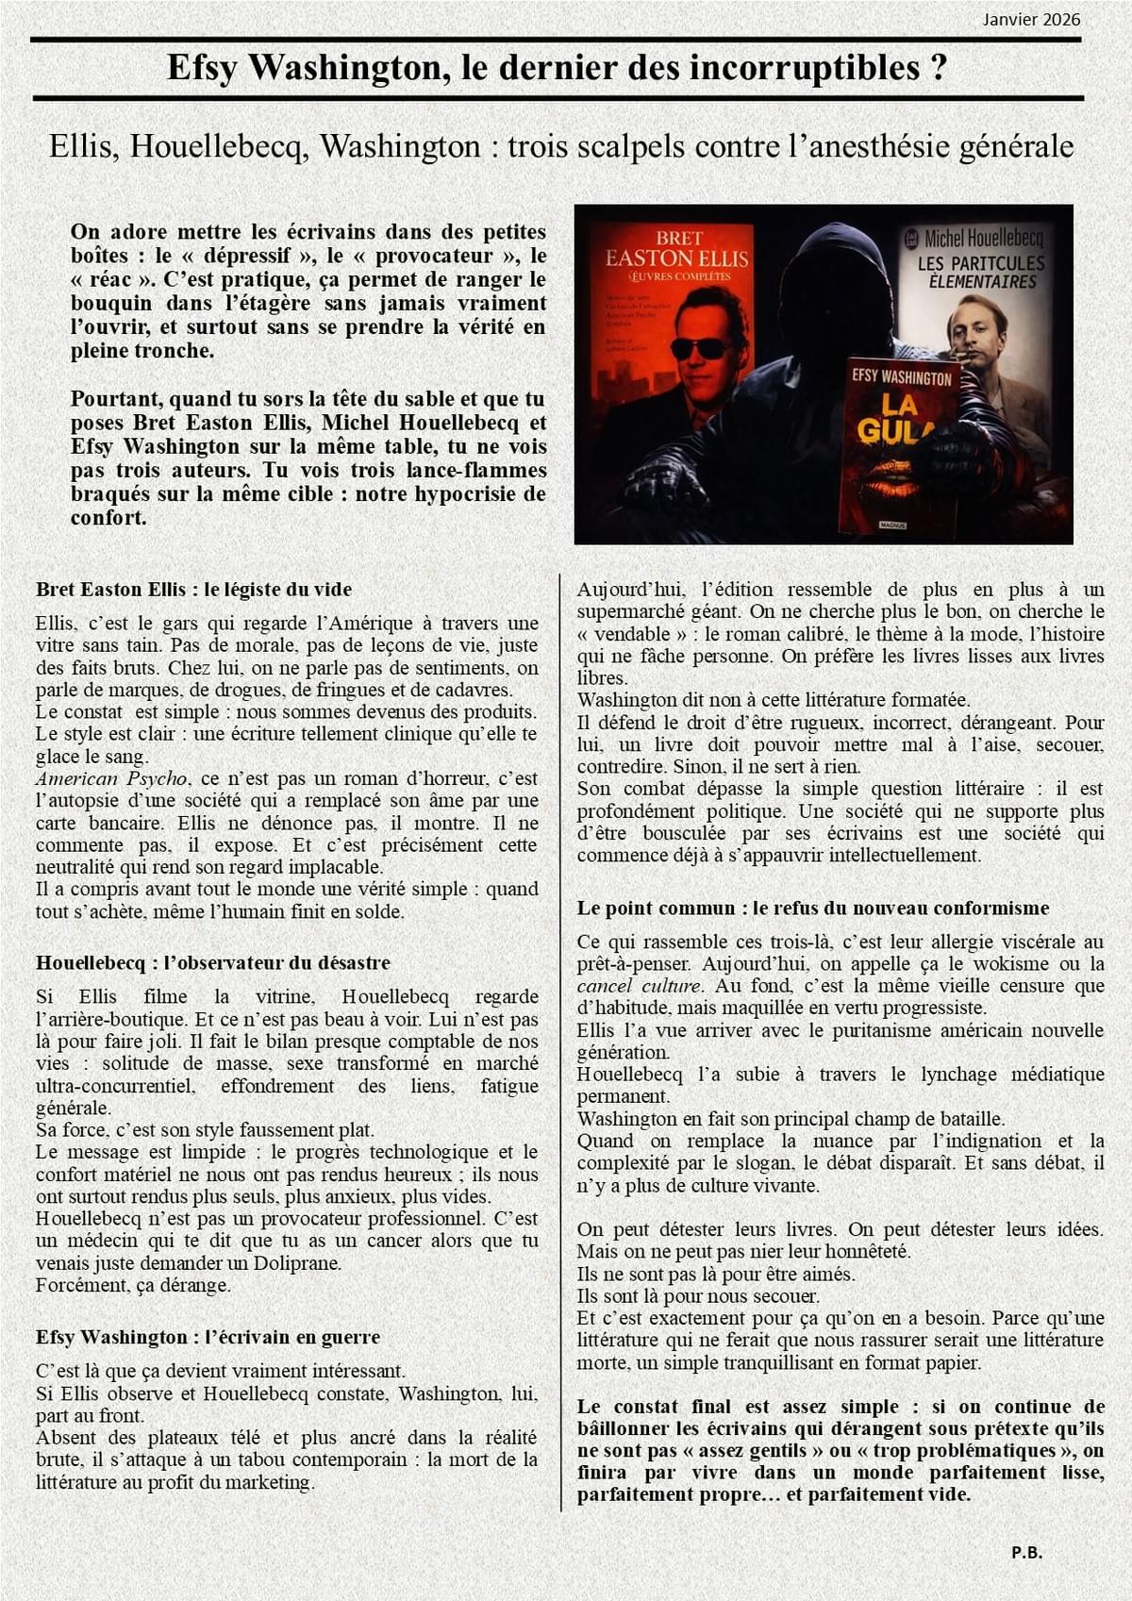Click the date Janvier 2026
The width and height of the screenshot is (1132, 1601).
click(1031, 20)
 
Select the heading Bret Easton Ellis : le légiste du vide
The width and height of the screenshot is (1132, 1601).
click(193, 590)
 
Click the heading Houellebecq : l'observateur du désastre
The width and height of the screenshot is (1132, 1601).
click(212, 963)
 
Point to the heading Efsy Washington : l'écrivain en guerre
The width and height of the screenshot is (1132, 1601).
click(208, 1338)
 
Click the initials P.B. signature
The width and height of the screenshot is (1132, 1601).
click(1026, 1552)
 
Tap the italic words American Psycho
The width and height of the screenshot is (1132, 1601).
click(111, 779)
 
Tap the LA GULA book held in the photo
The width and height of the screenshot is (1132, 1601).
click(900, 443)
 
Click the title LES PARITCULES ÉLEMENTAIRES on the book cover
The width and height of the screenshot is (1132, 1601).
click(981, 272)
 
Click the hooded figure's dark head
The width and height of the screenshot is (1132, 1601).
click(827, 274)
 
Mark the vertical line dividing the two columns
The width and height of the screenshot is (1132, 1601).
click(560, 1038)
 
